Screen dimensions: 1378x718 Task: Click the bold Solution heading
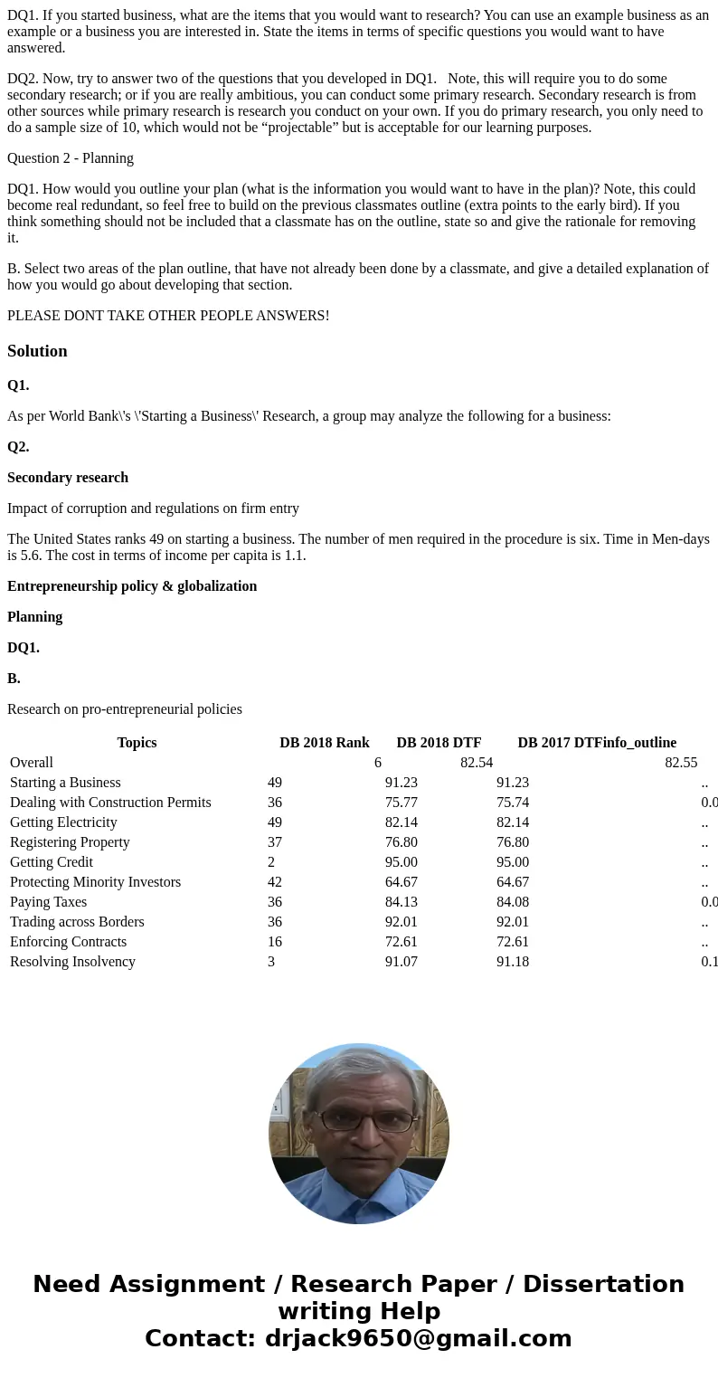(37, 351)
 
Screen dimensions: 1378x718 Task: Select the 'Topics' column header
(137, 743)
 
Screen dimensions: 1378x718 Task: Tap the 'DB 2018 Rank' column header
(324, 743)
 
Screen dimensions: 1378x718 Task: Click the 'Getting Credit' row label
(52, 862)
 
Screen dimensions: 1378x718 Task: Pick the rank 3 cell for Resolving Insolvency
(271, 962)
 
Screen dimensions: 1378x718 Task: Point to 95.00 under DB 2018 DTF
(402, 862)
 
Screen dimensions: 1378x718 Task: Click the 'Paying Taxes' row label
(49, 902)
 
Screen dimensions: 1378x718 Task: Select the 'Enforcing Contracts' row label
(69, 942)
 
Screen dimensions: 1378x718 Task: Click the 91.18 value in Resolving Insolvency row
(513, 962)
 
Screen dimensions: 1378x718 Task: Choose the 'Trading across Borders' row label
(77, 922)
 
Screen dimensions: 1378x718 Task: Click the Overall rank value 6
(378, 763)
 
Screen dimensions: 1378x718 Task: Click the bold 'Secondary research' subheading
(68, 478)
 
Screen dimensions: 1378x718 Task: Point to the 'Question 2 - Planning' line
(71, 158)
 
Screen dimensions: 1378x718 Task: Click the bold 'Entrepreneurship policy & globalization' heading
(132, 586)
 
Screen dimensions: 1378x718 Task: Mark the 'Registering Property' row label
(70, 842)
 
